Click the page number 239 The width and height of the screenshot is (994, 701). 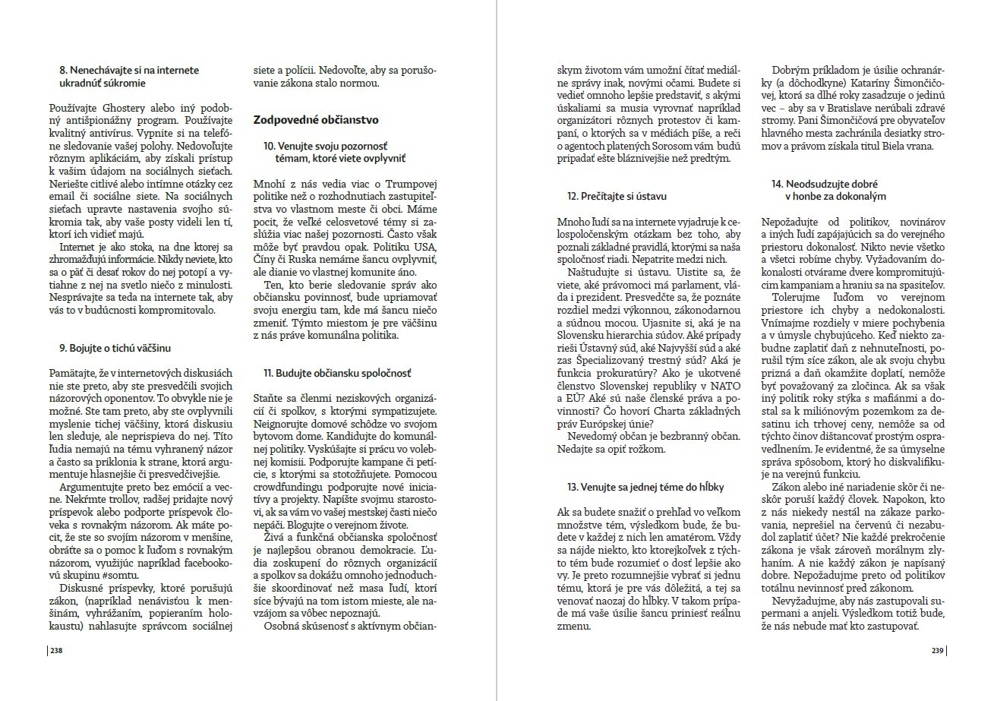point(937,650)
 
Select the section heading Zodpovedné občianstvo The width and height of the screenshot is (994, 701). point(316,120)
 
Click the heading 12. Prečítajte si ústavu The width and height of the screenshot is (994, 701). point(617,196)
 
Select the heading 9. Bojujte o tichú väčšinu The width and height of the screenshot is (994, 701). point(115,348)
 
